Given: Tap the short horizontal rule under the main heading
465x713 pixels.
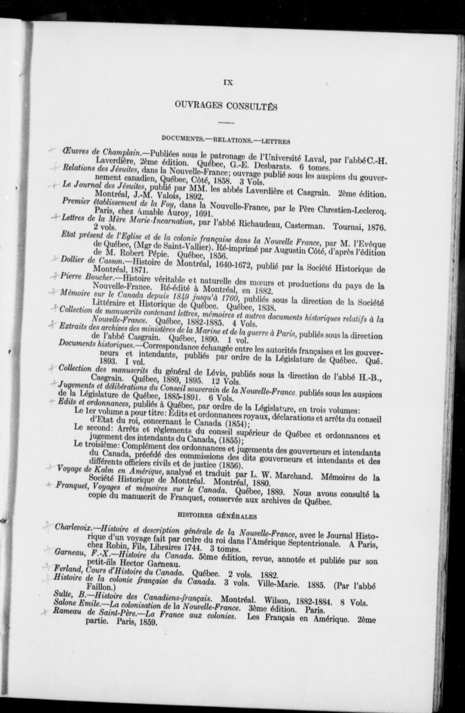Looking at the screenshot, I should point(226,123).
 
